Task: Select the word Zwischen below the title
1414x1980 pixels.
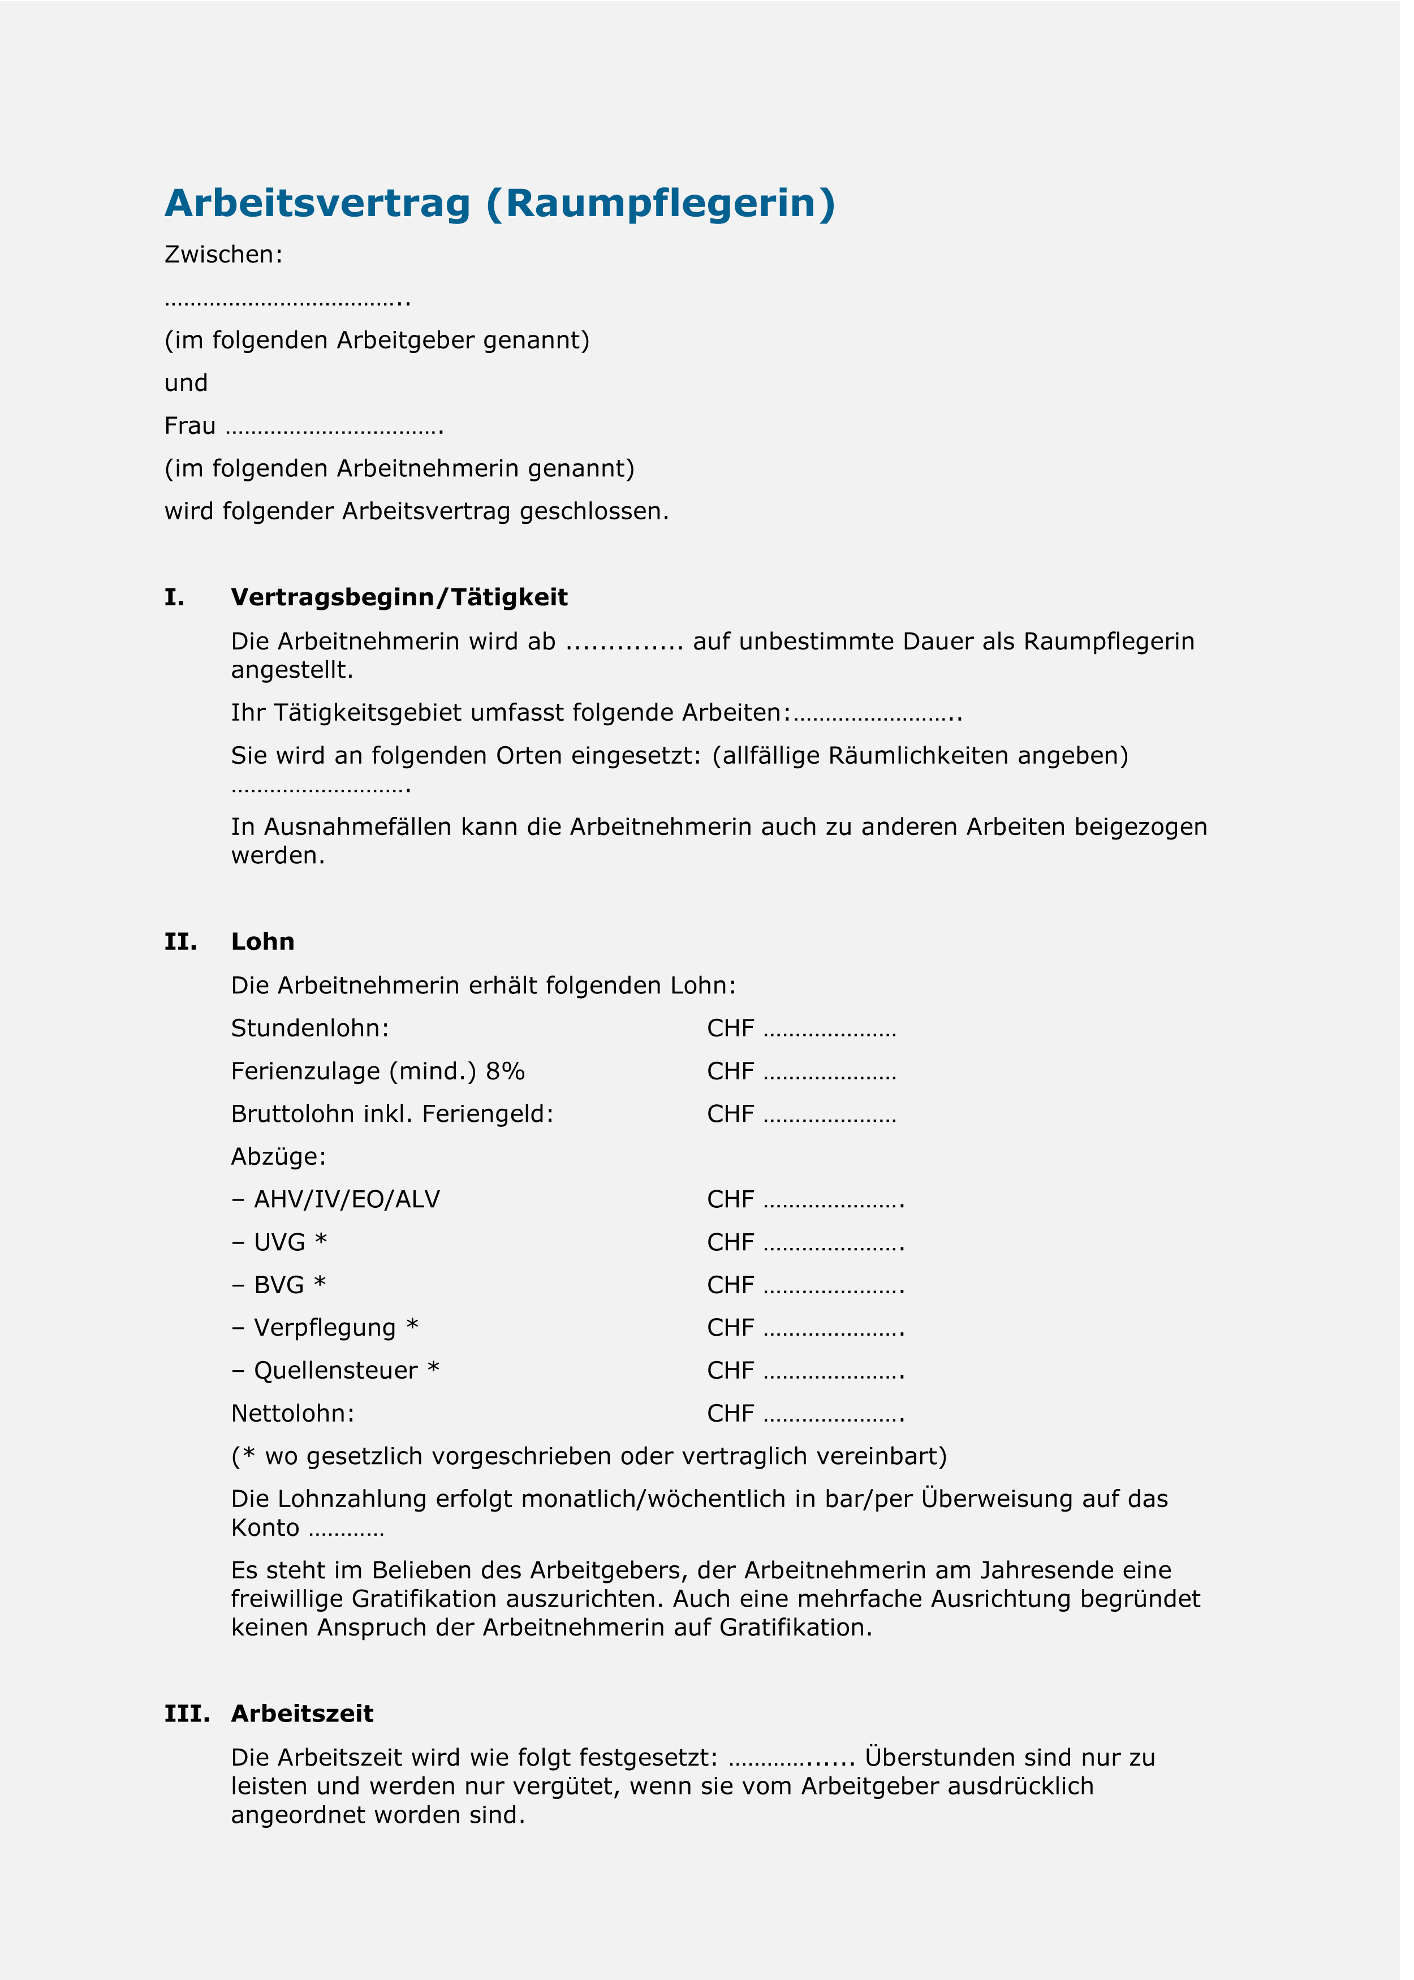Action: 222,255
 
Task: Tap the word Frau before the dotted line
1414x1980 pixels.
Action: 190,427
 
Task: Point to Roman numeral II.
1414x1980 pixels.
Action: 180,942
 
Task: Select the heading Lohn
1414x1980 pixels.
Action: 263,942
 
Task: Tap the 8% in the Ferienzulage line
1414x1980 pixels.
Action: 505,1072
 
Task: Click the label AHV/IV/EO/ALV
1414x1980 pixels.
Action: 347,1200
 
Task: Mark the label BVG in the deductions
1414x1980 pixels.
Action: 279,1285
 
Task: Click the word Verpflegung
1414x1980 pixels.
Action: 325,1328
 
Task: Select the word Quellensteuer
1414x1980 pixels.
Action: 335,1371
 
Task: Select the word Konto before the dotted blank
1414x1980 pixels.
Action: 265,1528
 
